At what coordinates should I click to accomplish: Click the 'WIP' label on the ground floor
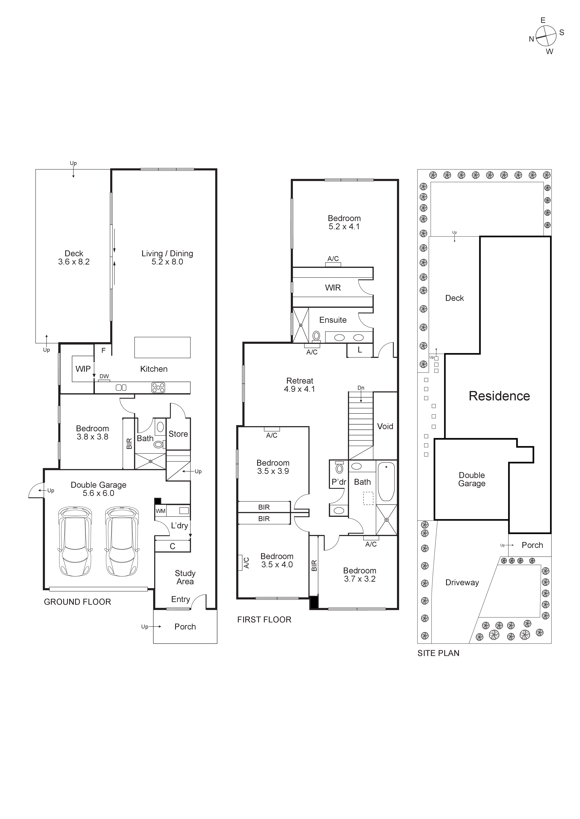coord(83,369)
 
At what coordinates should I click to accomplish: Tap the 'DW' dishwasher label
coord(104,376)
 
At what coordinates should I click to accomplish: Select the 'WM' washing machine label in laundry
coord(160,511)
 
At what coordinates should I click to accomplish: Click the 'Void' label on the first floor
coord(385,426)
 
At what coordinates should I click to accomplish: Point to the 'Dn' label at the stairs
coord(361,388)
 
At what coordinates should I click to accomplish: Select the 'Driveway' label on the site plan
coord(462,582)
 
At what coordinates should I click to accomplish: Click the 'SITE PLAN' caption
coord(438,653)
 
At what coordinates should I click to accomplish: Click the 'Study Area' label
coord(185,577)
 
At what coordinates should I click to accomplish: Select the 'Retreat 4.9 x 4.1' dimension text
coord(299,385)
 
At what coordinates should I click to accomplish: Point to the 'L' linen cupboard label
coord(360,350)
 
